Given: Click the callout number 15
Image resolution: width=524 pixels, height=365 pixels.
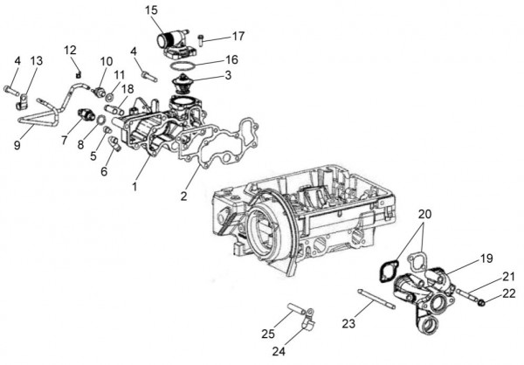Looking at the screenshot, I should point(152,10).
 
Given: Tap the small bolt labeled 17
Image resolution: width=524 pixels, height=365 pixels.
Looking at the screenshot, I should point(202,38).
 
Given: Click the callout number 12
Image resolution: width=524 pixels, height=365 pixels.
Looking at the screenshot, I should point(71,49).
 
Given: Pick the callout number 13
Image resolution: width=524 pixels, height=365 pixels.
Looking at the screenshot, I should point(36,60).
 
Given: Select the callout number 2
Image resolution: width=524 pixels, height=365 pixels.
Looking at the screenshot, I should point(184,196).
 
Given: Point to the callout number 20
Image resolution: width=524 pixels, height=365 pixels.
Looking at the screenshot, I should point(425,214).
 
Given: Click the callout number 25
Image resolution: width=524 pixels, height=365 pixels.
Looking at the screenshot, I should point(268,334).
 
